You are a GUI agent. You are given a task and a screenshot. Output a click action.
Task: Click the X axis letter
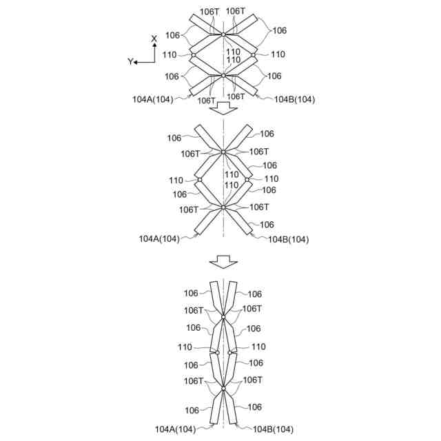tap(154, 39)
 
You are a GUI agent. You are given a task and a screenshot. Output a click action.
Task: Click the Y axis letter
tap(130, 61)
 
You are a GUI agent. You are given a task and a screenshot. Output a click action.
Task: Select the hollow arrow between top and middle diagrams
tap(223, 108)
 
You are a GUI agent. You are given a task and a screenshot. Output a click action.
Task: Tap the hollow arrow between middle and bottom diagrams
tap(223, 261)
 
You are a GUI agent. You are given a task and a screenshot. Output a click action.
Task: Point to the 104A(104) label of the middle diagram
tap(159, 238)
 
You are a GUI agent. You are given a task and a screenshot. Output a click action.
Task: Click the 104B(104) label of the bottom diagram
tap(273, 429)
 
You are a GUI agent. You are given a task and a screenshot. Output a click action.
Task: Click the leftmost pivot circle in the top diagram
tap(194, 54)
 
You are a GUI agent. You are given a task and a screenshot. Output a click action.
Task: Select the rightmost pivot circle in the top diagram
tap(254, 54)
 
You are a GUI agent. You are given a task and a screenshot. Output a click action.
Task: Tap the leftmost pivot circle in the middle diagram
tap(199, 179)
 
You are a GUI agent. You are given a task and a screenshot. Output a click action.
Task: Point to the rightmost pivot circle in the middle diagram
tap(247, 179)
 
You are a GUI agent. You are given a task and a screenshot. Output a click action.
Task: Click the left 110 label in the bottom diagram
tap(185, 347)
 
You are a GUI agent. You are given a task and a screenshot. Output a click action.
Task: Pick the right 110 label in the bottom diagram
tap(258, 347)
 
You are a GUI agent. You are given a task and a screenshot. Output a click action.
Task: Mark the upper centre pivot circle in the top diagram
tap(223, 34)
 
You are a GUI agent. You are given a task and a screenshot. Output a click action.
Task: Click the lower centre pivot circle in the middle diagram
tap(223, 207)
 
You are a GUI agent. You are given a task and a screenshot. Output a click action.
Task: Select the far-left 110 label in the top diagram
tap(170, 54)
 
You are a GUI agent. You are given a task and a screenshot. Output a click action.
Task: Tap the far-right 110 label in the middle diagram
tap(271, 178)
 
